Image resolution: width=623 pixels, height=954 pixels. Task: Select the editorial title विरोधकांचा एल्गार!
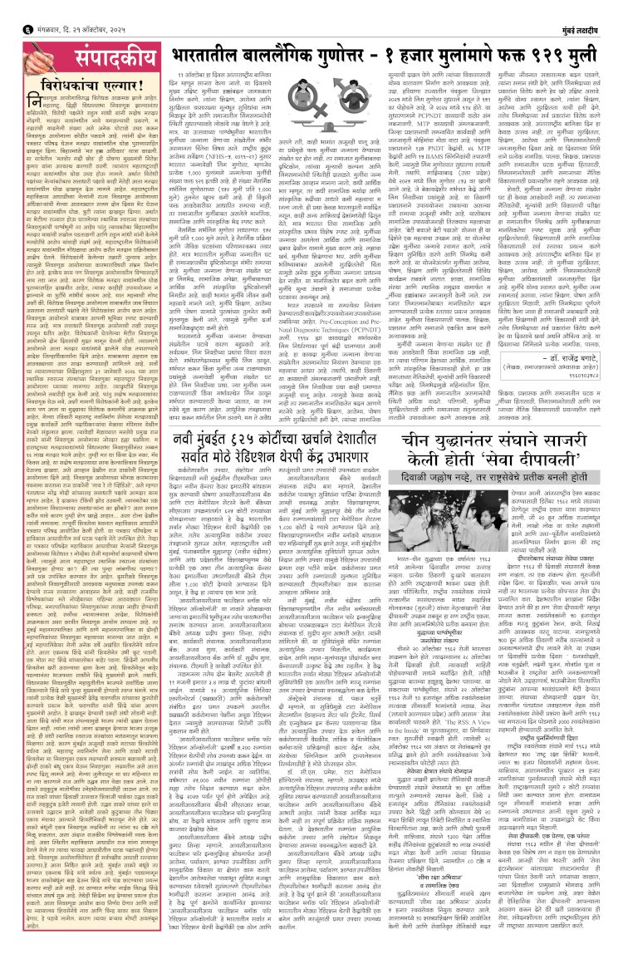[x=80, y=85]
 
